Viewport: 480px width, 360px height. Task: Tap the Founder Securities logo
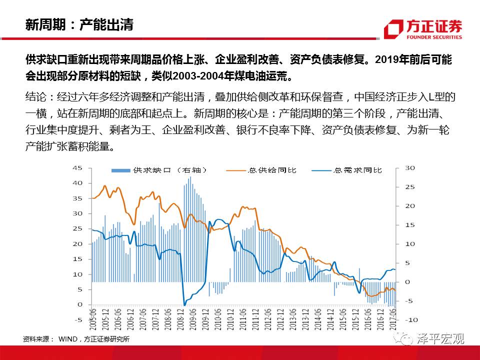click(x=423, y=29)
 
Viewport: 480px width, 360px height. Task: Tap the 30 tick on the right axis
click(x=409, y=168)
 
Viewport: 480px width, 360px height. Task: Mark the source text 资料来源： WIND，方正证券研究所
click(x=76, y=339)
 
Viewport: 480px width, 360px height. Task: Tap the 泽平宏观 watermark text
click(x=440, y=339)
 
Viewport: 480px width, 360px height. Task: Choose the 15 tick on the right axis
click(x=409, y=225)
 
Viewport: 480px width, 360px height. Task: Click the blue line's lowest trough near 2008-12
click(x=184, y=304)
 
